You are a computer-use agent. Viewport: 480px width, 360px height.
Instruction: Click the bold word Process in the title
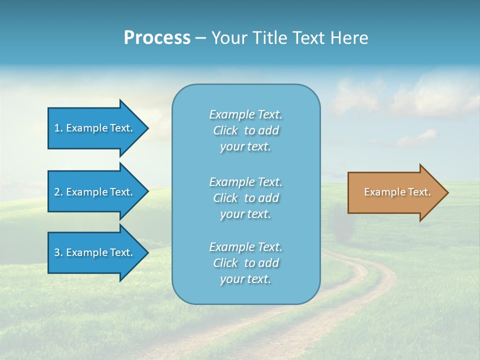tap(157, 37)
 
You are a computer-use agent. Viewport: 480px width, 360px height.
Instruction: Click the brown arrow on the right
tap(395, 192)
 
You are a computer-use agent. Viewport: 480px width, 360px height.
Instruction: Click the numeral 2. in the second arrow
tap(58, 192)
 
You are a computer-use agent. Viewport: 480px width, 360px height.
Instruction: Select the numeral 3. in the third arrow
tap(58, 252)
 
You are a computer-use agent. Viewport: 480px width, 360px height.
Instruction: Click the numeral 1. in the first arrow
tap(58, 128)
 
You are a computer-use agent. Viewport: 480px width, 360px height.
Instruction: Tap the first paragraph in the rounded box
tap(245, 130)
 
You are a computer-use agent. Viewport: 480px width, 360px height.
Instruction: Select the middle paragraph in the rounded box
tap(245, 198)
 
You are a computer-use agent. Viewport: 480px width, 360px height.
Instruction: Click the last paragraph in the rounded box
tap(245, 263)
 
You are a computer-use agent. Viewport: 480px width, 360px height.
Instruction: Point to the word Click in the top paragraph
tap(225, 130)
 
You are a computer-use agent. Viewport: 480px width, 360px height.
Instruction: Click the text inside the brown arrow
tap(397, 192)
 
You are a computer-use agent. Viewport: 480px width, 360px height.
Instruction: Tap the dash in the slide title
tap(200, 38)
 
